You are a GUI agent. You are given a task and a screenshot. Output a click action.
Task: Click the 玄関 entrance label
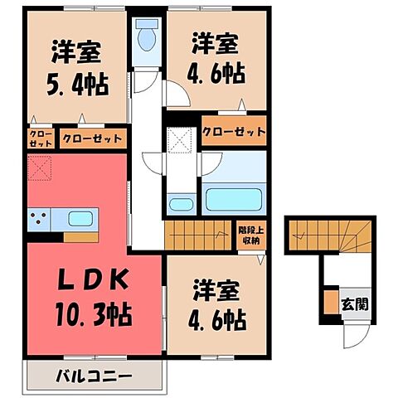pyautogui.click(x=350, y=301)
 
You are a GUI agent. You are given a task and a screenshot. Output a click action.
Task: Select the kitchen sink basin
pyautogui.click(x=80, y=220)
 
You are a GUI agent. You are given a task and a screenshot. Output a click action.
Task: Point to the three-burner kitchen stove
pyautogui.click(x=38, y=221)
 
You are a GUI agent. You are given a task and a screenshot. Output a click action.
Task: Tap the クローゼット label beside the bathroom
pyautogui.click(x=234, y=132)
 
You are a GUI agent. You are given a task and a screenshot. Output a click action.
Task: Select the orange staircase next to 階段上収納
pyautogui.click(x=196, y=235)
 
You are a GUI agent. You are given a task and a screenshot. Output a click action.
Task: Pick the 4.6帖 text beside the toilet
pyautogui.click(x=217, y=72)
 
